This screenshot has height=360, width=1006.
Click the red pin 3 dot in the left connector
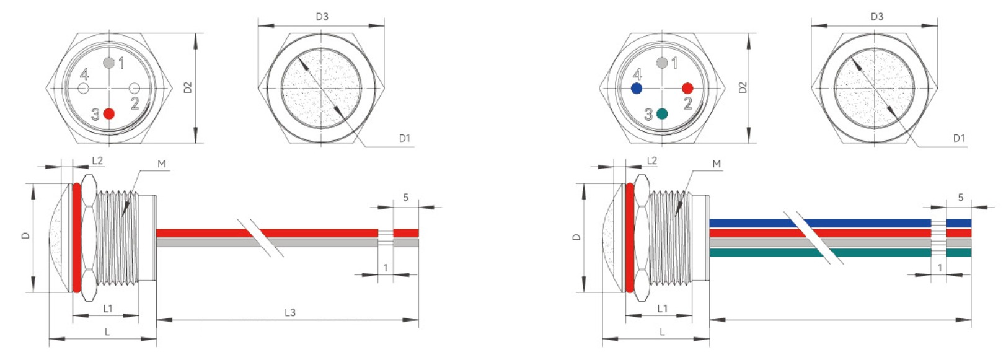point(109,113)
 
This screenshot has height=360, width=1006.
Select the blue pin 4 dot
point(637,89)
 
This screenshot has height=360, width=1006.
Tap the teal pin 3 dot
point(662,113)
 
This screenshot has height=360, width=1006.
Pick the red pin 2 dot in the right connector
point(687,89)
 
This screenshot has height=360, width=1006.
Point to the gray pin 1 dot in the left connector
point(109,63)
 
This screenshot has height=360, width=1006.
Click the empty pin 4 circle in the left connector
point(84,89)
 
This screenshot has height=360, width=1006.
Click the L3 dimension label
point(290,312)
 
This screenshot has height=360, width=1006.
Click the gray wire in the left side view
point(205,243)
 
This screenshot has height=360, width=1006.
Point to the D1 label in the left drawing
point(405,138)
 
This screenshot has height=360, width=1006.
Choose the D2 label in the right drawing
point(743,87)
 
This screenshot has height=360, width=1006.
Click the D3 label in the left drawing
point(322,17)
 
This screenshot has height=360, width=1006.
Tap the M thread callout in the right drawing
point(717,164)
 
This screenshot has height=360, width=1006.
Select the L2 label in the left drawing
point(97,160)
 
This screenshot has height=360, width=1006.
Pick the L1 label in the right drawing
point(663,308)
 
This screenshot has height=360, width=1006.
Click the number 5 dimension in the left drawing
point(406,198)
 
